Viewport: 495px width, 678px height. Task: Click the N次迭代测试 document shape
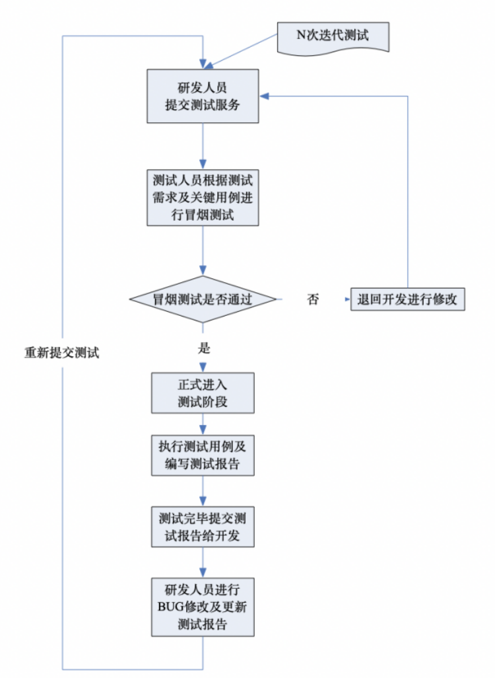[x=332, y=37]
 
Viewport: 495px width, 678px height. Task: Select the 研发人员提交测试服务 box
[x=203, y=96]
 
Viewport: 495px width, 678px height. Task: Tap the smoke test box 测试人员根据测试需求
[x=203, y=198]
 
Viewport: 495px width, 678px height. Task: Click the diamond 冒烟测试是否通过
[x=203, y=299]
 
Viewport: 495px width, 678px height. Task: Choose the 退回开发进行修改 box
[x=407, y=299]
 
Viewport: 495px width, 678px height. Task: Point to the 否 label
[x=313, y=299]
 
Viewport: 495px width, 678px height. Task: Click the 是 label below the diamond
[x=204, y=348]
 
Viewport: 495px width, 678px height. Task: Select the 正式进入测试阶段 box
[x=203, y=393]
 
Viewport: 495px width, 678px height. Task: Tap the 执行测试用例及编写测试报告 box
[x=203, y=455]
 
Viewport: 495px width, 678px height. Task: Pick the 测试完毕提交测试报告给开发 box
[x=203, y=527]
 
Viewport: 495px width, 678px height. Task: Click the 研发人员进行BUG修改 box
[x=203, y=606]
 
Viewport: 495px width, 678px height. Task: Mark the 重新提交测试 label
[x=61, y=353]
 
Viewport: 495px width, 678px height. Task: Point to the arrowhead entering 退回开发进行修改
[x=346, y=299]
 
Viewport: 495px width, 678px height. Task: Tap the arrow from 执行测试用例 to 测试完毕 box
[x=203, y=491]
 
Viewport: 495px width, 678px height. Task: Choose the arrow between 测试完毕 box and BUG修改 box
[x=203, y=562]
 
